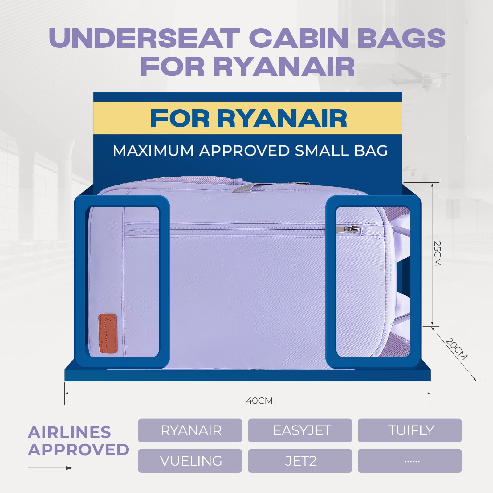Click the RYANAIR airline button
[x=190, y=430]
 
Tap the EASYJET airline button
[x=300, y=430]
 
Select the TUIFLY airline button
[x=409, y=430]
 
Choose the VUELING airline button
[x=190, y=461]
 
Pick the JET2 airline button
[x=300, y=461]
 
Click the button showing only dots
[x=409, y=461]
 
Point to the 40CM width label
[x=259, y=401]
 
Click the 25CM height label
[x=438, y=253]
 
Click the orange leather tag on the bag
[x=108, y=333]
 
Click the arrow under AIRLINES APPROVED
[x=50, y=468]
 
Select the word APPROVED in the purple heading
[x=79, y=450]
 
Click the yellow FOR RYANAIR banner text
[x=248, y=119]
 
